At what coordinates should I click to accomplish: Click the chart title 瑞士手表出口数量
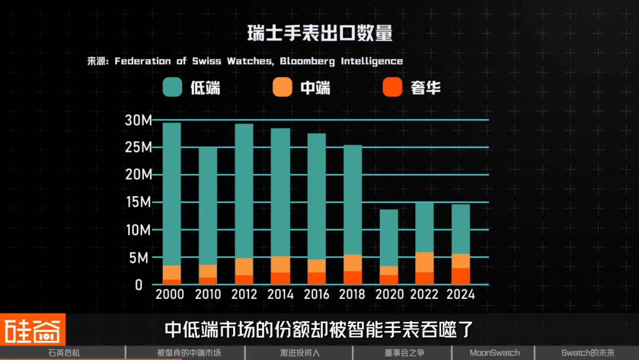319,33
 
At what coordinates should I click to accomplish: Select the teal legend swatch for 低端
172,88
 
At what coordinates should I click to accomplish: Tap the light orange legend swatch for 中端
283,88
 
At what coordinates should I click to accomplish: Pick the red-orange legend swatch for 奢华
392,88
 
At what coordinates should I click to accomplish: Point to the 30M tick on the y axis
138,120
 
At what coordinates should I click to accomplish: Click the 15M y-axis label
138,202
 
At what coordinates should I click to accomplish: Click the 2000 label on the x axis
170,294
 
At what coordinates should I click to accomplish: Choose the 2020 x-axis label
389,294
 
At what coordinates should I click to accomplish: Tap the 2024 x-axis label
461,294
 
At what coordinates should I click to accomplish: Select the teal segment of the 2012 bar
244,189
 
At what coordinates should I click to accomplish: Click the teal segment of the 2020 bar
389,237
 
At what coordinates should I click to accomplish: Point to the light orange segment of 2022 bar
425,262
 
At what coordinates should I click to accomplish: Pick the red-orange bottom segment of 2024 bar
461,277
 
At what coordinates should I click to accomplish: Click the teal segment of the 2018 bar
353,198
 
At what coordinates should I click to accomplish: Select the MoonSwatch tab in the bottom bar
495,353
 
